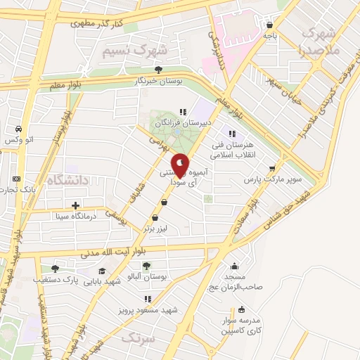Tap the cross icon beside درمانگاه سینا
[x=75, y=205]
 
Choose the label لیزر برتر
[x=157, y=229]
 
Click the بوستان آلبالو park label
[x=146, y=278]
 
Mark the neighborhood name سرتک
[x=136, y=338]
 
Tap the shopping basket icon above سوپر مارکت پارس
[x=272, y=168]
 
